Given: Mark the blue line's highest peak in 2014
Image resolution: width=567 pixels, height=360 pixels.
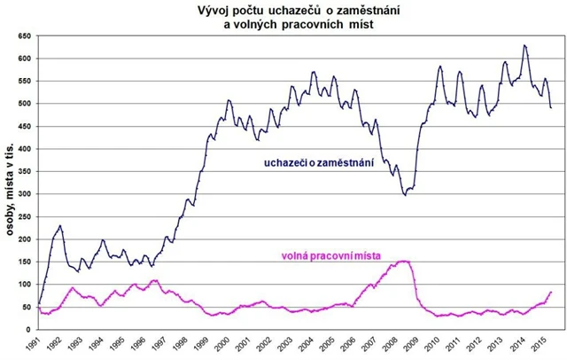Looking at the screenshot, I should (524, 45).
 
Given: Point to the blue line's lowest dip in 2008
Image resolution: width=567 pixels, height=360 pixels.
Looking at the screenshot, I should (405, 193).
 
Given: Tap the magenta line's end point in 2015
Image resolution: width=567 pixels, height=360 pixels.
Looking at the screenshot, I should (551, 292).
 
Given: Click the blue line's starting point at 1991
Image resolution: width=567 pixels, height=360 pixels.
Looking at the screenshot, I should (40, 304).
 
